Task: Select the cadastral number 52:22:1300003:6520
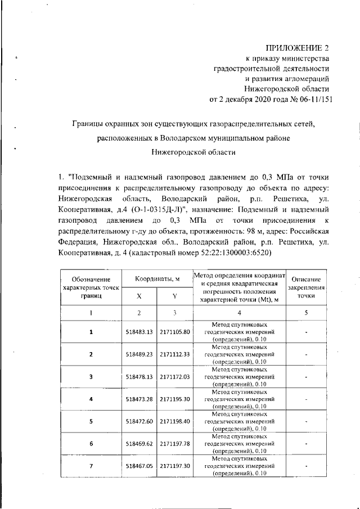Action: (236, 253)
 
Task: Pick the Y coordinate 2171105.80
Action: (175, 332)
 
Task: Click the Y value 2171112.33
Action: (175, 354)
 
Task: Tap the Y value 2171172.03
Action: (175, 377)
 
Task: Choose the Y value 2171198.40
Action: (175, 421)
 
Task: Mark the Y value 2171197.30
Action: (175, 466)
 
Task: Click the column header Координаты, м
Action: (157, 280)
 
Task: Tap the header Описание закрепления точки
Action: (307, 287)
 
